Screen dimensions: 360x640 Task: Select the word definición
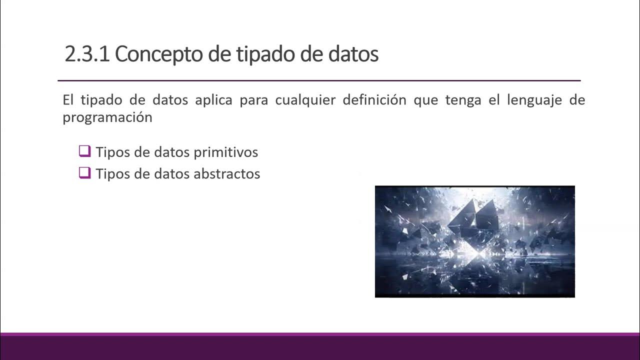point(374,100)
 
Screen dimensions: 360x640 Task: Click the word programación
point(107,117)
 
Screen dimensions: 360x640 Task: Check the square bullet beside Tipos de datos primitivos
point(84,151)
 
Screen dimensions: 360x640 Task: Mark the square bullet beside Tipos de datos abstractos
point(84,173)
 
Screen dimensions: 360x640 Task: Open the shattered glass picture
point(474,241)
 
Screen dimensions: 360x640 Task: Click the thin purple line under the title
point(319,80)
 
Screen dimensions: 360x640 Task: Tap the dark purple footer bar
point(320,347)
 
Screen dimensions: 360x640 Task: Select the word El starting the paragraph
point(68,100)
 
